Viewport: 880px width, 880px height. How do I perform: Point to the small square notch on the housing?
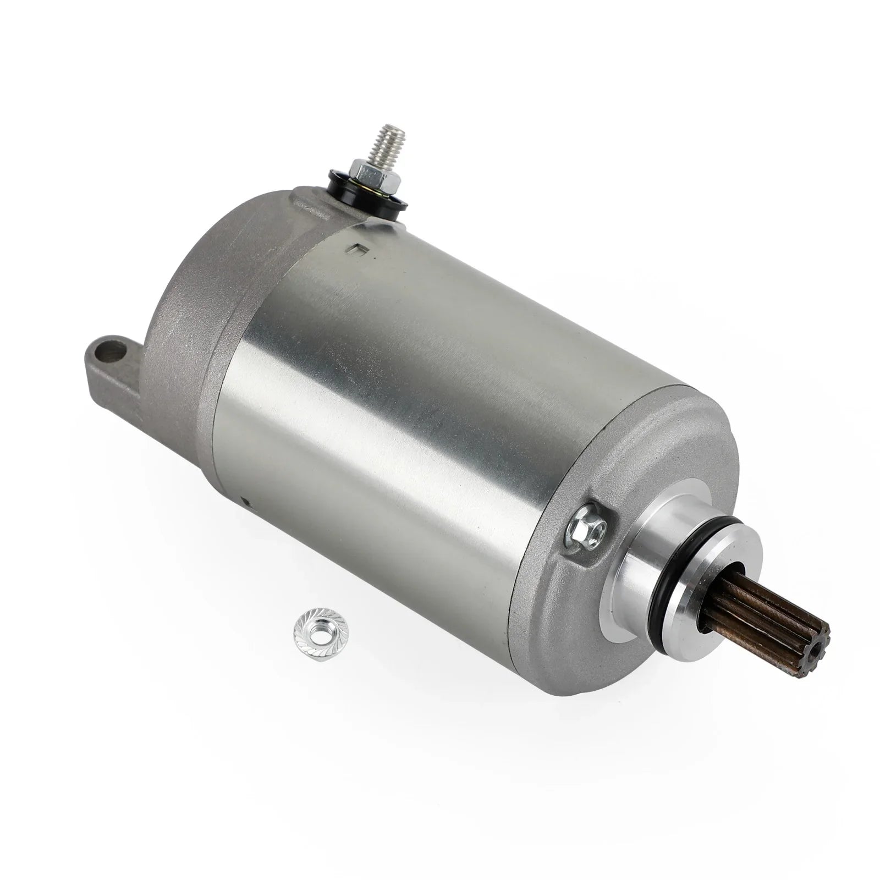[356, 250]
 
